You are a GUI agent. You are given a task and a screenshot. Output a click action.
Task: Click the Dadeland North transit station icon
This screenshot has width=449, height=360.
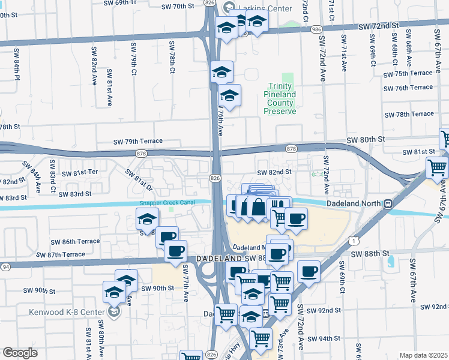pyautogui.click(x=388, y=203)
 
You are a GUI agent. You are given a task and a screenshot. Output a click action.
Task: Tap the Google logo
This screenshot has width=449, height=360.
pyautogui.click(x=20, y=353)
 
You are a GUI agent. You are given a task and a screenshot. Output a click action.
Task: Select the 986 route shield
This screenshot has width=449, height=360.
pyautogui.click(x=315, y=29)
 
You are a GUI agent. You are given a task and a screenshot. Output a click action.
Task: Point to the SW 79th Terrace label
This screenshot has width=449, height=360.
pyautogui.click(x=138, y=142)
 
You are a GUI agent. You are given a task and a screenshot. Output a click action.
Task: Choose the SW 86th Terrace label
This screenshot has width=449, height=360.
pyautogui.click(x=75, y=242)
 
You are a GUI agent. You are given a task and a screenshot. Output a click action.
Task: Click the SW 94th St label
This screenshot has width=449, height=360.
pyautogui.click(x=324, y=338)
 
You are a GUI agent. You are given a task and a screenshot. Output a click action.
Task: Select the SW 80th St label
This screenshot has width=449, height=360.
pyautogui.click(x=365, y=140)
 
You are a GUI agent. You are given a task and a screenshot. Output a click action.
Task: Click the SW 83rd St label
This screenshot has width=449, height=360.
pyautogui.click(x=75, y=194)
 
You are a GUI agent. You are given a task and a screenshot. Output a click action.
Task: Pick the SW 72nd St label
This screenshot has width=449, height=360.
pyautogui.click(x=378, y=26)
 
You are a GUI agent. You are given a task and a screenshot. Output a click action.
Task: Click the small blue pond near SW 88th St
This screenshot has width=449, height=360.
pyautogui.click(x=391, y=262)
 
